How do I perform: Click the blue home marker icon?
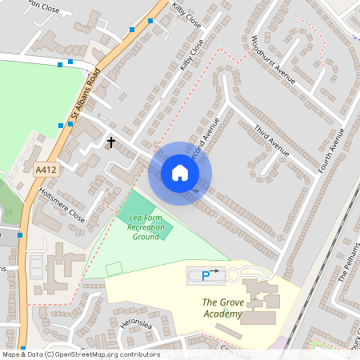coord(180,173)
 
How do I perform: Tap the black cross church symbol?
coord(111,142)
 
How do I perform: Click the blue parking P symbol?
coord(206,276)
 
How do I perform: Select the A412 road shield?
coord(46,170)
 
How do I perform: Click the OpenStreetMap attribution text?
coord(80,354)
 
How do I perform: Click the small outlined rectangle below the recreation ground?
coord(114,268)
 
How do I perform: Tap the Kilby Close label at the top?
coord(186,16)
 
